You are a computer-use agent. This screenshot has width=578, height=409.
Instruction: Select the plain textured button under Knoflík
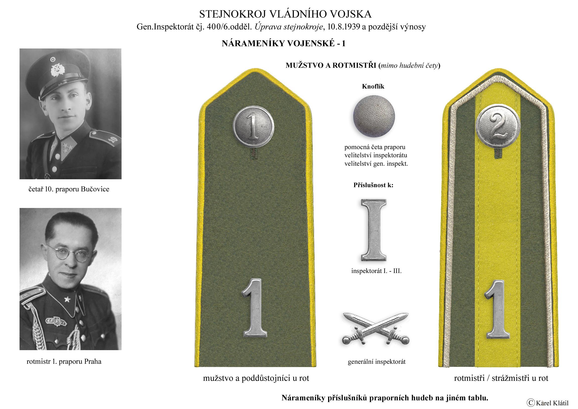point(374,117)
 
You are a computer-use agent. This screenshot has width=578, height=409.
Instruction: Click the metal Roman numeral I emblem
point(374,230)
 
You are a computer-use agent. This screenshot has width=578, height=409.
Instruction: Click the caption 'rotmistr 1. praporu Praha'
point(64,362)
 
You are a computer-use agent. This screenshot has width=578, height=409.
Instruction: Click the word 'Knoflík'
point(373,87)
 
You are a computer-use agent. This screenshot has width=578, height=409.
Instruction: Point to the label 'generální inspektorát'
point(377,362)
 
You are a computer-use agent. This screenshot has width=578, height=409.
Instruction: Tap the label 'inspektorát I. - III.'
point(376,271)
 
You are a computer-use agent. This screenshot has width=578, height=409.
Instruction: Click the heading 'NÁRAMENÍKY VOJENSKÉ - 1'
point(283,44)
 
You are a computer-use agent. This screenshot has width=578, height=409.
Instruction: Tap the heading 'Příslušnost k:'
point(373,185)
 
